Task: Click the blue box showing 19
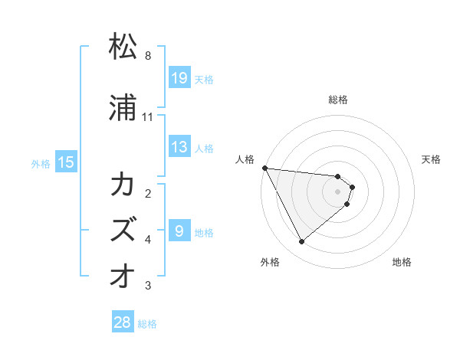click(179, 78)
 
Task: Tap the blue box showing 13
click(179, 147)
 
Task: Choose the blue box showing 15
click(66, 162)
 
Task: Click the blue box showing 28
click(123, 323)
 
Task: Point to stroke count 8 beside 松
click(148, 56)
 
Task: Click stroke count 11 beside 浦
click(148, 117)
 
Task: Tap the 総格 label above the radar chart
click(338, 100)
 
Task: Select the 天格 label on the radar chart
click(432, 159)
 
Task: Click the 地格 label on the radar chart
click(402, 262)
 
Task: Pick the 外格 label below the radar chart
click(270, 262)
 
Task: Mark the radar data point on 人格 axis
click(264, 168)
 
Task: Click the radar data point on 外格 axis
click(301, 242)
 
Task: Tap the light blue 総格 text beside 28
click(147, 324)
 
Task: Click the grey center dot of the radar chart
click(338, 191)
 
